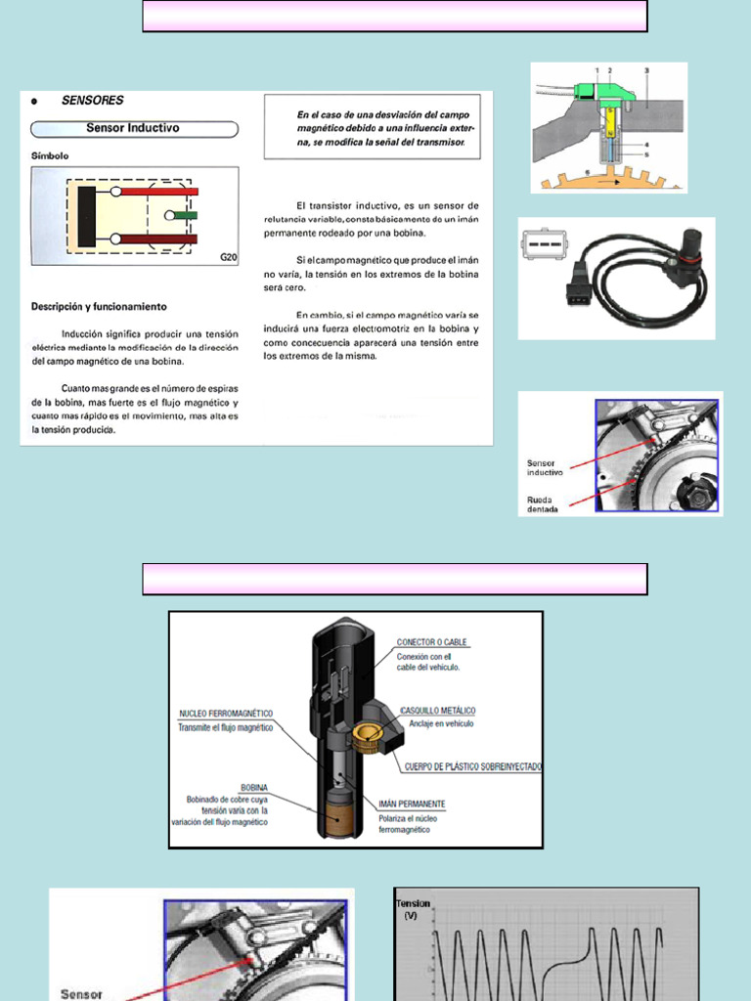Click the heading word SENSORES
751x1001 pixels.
tap(92, 101)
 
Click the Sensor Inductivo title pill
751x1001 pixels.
tap(134, 128)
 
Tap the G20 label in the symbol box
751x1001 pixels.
tap(227, 258)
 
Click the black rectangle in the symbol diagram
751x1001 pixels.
tap(87, 215)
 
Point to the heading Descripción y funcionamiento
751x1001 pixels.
tap(98, 307)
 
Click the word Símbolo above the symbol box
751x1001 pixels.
tap(50, 155)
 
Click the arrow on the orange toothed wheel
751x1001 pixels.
tap(605, 180)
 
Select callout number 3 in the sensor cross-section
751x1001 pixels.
tap(646, 70)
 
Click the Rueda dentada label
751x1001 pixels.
tap(544, 503)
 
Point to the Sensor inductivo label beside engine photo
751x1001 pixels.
tap(545, 467)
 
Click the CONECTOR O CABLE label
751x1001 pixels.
tap(431, 643)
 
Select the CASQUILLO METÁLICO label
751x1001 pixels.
tap(437, 710)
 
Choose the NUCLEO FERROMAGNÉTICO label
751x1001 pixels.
tap(226, 714)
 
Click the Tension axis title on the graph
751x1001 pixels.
tap(412, 904)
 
